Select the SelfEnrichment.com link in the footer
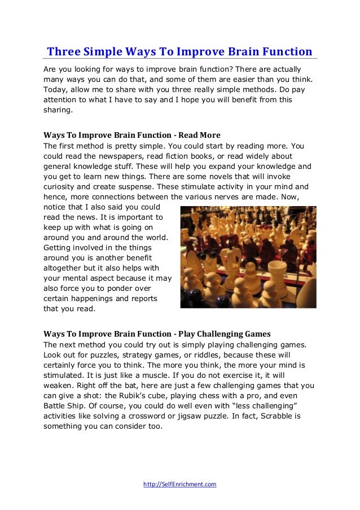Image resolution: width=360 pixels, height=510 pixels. (180, 485)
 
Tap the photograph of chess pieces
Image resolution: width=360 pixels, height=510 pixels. (248, 256)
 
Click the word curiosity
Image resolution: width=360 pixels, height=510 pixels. (63, 187)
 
